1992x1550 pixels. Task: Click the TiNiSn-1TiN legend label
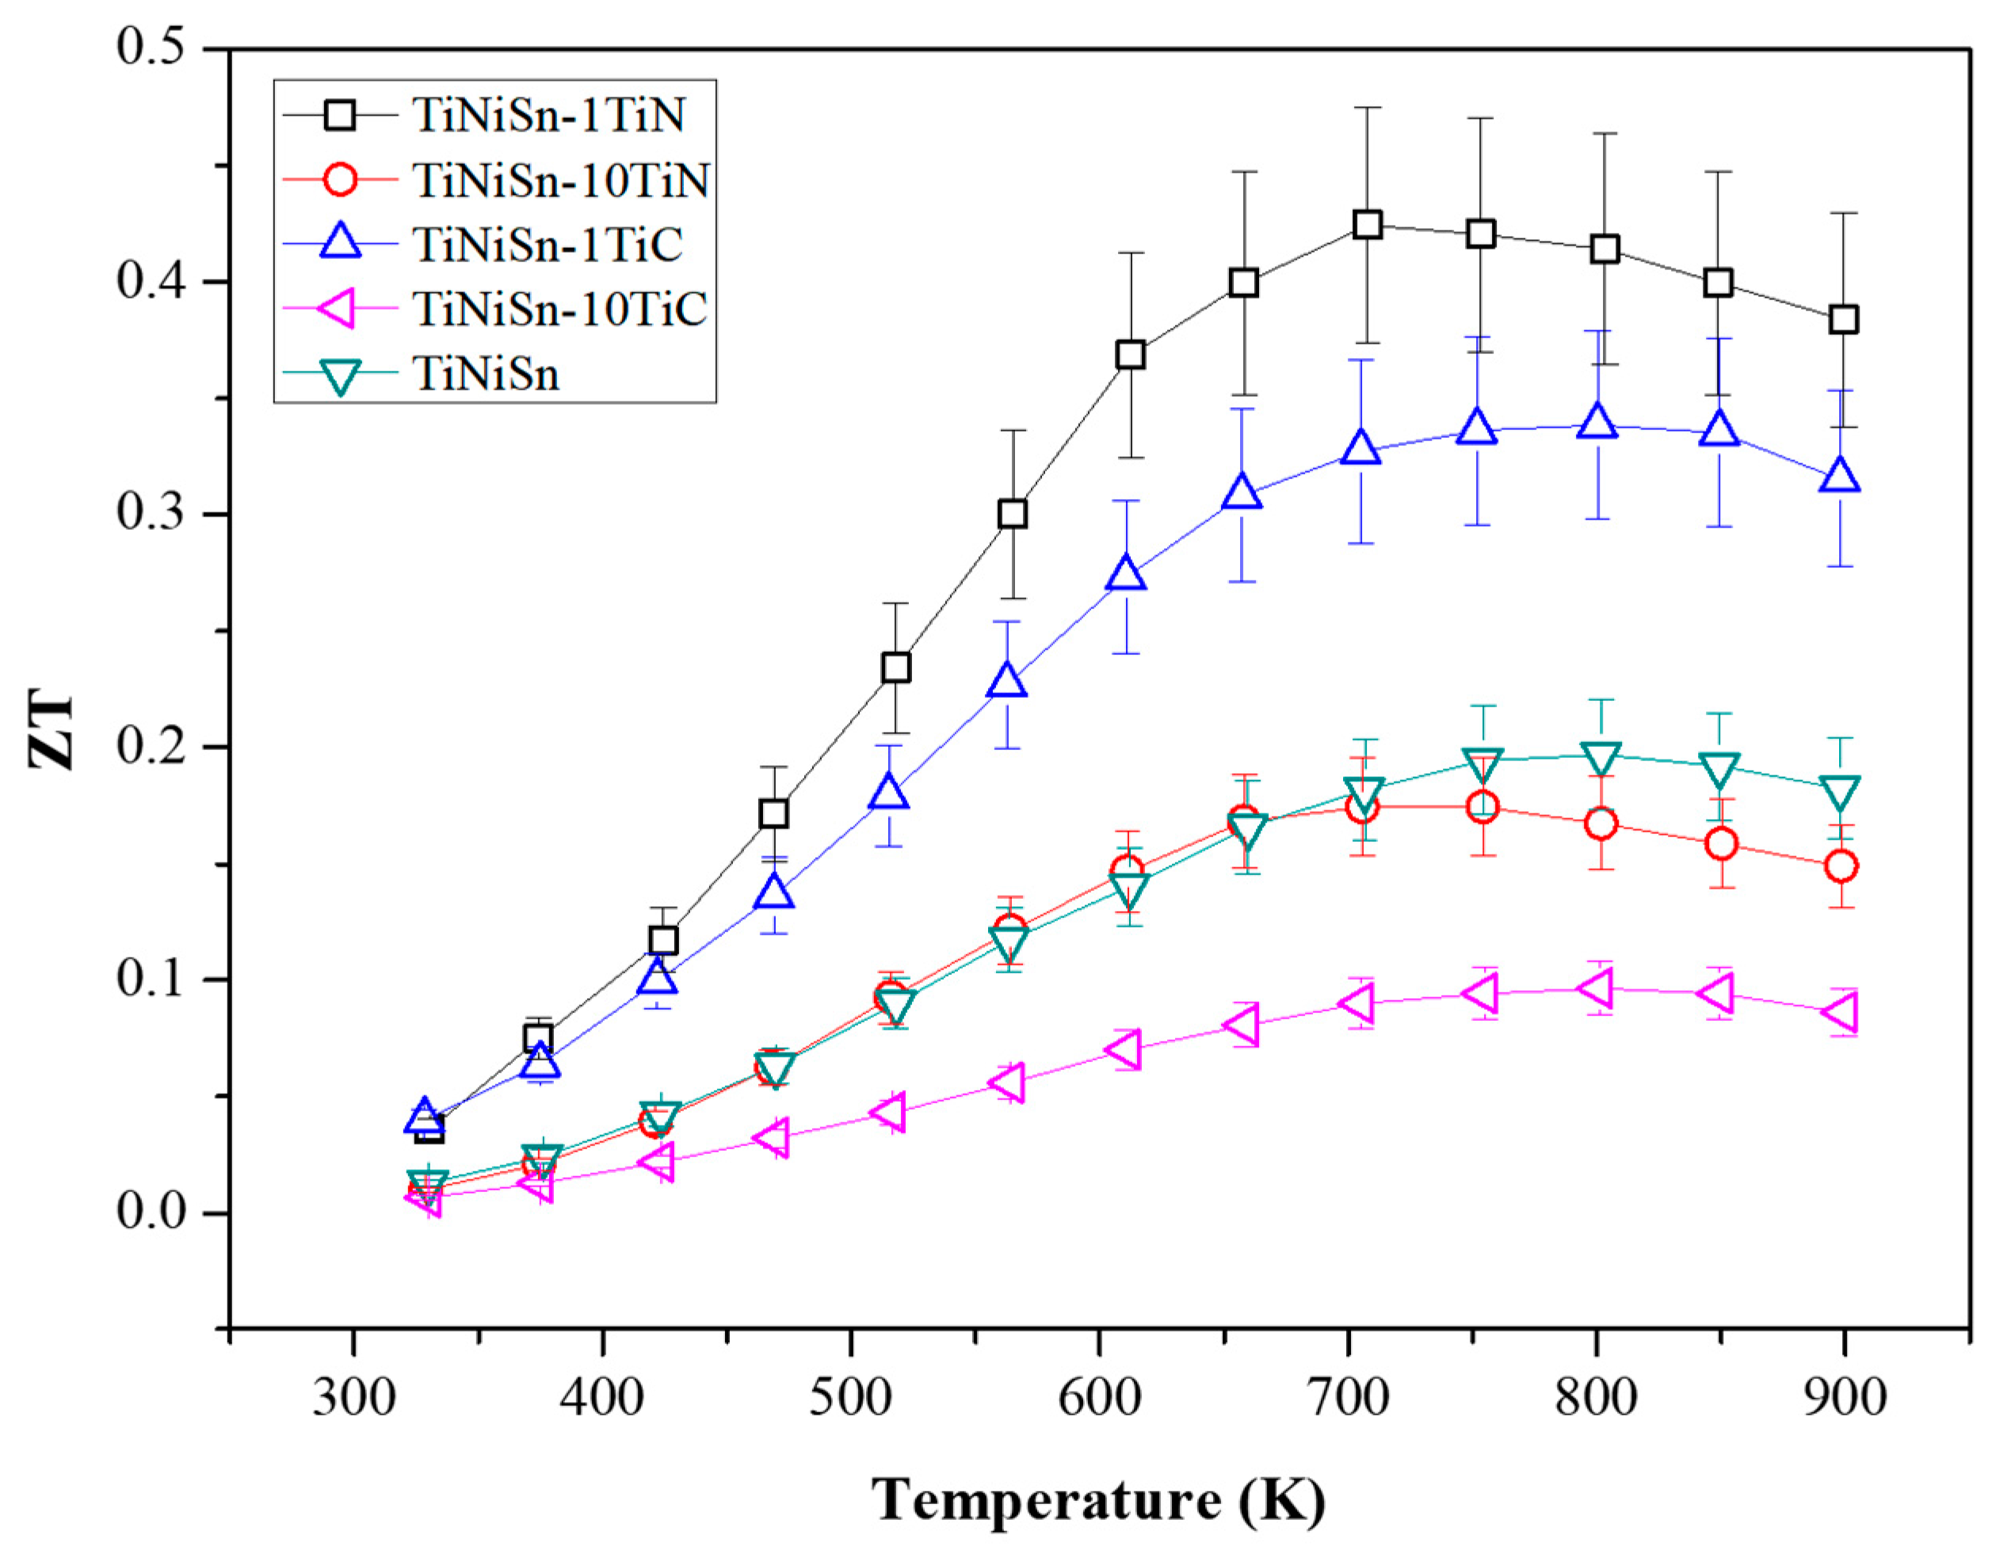point(548,116)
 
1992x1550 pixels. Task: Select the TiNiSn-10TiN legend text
point(560,181)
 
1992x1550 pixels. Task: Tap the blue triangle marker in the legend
point(340,243)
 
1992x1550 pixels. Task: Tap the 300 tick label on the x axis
point(354,1398)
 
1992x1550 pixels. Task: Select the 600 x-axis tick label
point(1099,1398)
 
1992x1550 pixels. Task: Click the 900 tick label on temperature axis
point(1845,1398)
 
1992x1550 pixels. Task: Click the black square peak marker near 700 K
point(1366,224)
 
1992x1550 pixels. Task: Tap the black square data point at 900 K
point(1843,319)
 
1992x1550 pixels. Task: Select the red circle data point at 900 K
point(1841,865)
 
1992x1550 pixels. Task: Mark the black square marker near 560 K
point(1013,514)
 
